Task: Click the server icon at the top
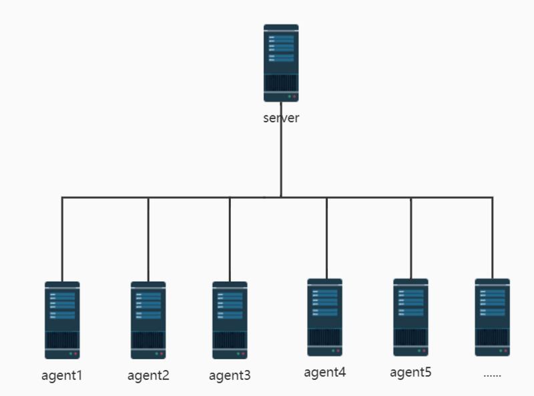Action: click(281, 63)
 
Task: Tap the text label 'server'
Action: click(281, 118)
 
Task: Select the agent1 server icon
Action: click(62, 320)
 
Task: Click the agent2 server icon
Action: click(148, 320)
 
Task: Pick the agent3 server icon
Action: click(230, 320)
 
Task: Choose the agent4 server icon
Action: click(325, 317)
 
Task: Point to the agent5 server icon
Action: click(411, 317)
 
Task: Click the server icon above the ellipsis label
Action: click(492, 317)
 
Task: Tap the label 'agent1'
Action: click(62, 375)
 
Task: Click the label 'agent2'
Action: click(148, 375)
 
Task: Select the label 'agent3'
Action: click(230, 375)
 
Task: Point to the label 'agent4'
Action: click(325, 372)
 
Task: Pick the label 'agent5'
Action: click(411, 372)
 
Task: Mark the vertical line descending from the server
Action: click(281, 160)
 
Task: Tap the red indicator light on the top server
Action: click(294, 97)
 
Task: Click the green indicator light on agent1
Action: click(70, 353)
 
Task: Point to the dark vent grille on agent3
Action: click(230, 340)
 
